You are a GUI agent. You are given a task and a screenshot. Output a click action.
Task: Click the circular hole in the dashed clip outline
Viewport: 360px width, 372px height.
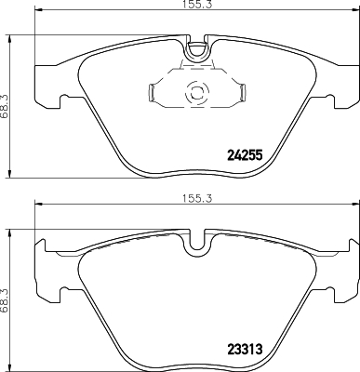[196, 92]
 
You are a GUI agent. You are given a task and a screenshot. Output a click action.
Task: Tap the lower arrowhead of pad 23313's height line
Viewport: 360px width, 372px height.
[11, 365]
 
